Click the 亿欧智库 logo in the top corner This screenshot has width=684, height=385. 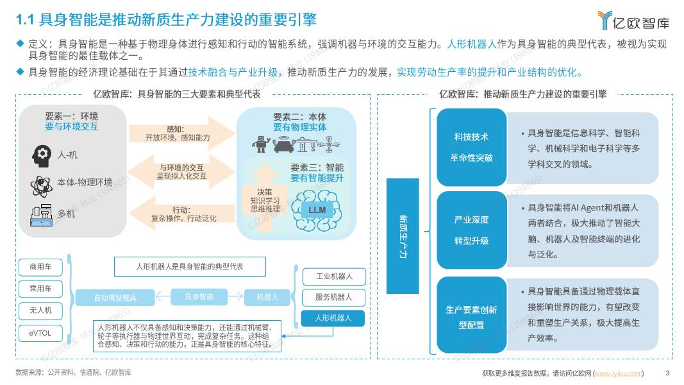pyautogui.click(x=633, y=21)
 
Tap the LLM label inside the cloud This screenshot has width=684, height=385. pyautogui.click(x=317, y=210)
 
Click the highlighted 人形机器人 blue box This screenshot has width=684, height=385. pyautogui.click(x=333, y=318)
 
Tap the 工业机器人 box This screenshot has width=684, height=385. pyautogui.click(x=333, y=277)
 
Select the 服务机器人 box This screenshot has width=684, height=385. pyautogui.click(x=333, y=297)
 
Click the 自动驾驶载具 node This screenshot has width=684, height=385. pyautogui.click(x=115, y=298)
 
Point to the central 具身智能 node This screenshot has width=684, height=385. pyautogui.click(x=199, y=296)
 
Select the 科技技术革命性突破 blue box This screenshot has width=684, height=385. pyautogui.click(x=471, y=147)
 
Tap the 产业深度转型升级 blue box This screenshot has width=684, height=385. pyautogui.click(x=471, y=230)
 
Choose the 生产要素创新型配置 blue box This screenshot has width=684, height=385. pyautogui.click(x=471, y=317)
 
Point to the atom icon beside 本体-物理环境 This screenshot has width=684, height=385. pyautogui.click(x=40, y=185)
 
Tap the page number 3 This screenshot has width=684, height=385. pyautogui.click(x=667, y=373)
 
